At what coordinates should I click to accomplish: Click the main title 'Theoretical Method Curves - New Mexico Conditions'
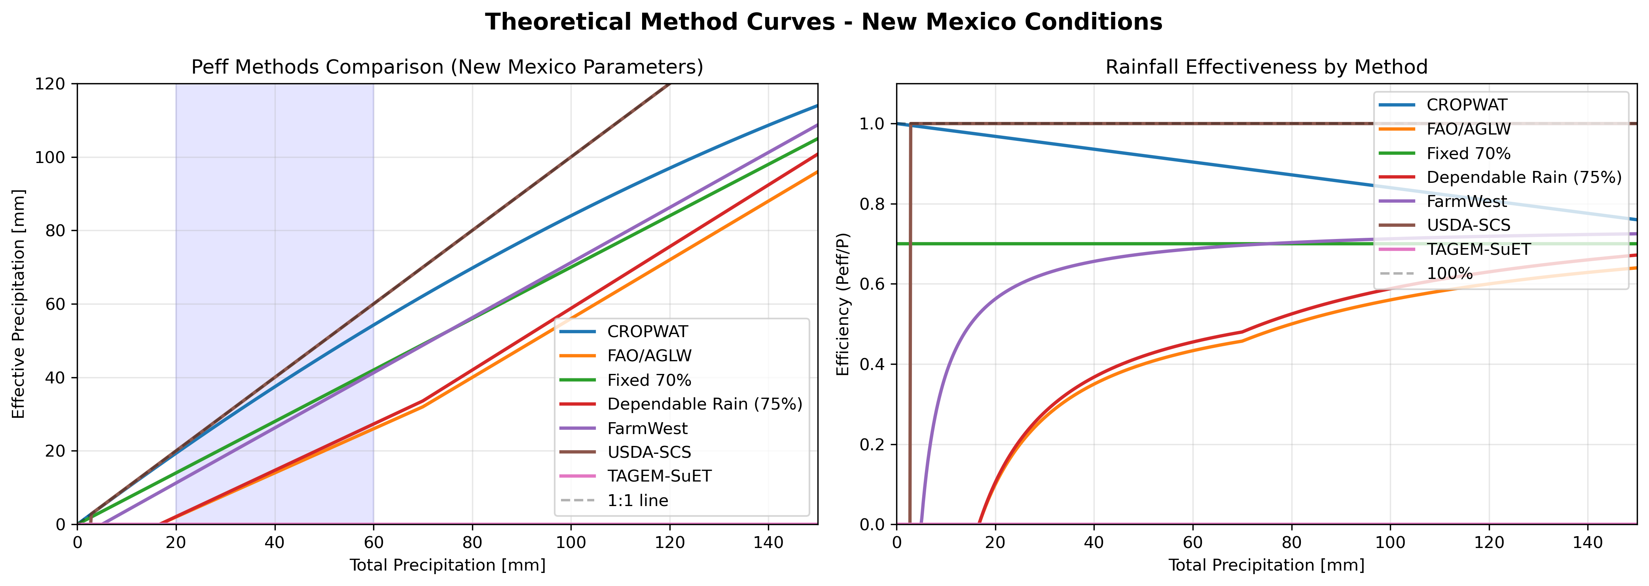tap(823, 23)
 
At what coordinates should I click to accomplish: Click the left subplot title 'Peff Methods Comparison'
tap(447, 67)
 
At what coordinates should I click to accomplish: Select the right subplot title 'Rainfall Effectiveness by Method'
tap(1266, 67)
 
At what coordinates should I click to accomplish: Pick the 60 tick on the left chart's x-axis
tap(373, 542)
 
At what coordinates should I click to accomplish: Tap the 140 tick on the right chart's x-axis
tap(1588, 542)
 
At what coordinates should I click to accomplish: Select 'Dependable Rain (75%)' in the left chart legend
tap(704, 404)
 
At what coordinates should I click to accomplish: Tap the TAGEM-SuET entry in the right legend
tap(1478, 249)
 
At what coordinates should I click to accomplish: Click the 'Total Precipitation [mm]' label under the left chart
tap(447, 565)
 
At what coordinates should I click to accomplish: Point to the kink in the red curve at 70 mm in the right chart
tap(1242, 332)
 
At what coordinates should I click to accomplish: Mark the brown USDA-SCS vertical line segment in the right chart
tap(910, 320)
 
